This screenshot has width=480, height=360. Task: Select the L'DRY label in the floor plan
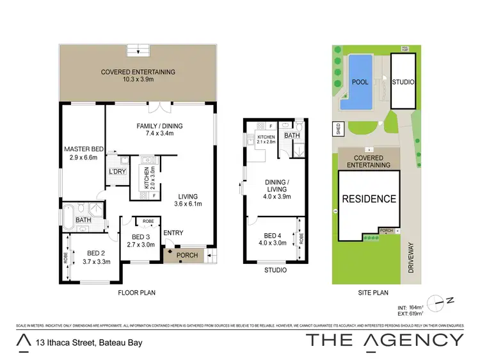click(x=117, y=172)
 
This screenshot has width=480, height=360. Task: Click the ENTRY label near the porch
click(x=173, y=233)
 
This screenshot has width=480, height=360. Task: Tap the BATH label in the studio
click(x=292, y=136)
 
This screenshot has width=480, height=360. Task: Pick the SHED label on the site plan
click(x=335, y=128)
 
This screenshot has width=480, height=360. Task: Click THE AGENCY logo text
click(x=384, y=340)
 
